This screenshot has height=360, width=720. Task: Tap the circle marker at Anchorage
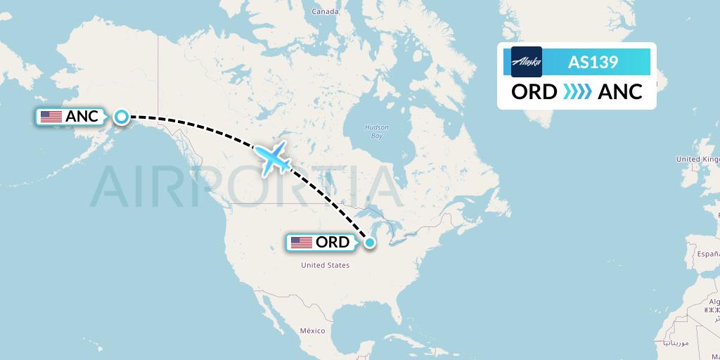coord(122,117)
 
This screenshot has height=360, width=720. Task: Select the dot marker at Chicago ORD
coord(370,243)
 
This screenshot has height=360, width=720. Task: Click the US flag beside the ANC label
coord(51,117)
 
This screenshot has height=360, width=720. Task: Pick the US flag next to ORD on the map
coord(301,243)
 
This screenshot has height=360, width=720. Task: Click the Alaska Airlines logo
coord(527,62)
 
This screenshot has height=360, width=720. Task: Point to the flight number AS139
coord(593,63)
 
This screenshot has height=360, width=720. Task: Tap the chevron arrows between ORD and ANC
coord(577,92)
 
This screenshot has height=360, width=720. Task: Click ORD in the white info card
coord(534,92)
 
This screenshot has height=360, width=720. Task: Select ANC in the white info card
coord(619,92)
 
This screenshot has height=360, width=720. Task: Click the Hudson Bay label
coord(376,131)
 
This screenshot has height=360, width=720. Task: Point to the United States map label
coord(325,265)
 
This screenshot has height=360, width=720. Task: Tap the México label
coord(312,330)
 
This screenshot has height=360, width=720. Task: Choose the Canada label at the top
coord(326,11)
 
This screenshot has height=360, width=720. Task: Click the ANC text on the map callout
coord(82,117)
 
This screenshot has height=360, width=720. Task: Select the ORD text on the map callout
coord(333,243)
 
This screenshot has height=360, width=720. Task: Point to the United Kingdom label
coord(697,160)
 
